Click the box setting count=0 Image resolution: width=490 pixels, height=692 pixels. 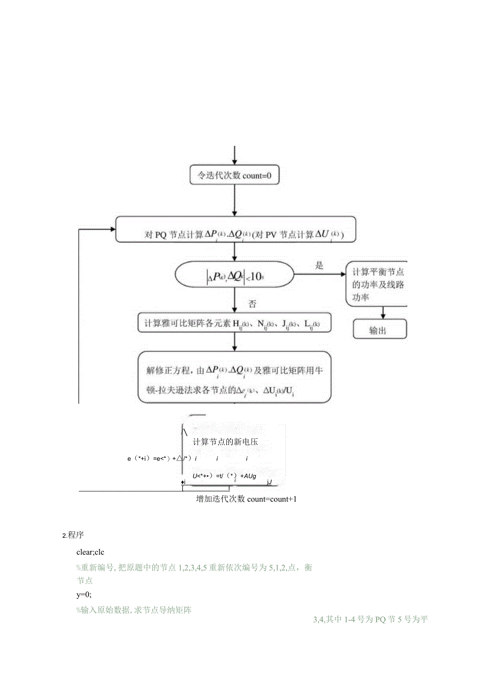(234, 174)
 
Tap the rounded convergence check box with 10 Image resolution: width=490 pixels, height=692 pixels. (234, 276)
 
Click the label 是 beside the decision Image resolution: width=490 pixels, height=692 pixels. (319, 265)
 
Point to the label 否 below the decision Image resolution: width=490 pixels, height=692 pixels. (254, 304)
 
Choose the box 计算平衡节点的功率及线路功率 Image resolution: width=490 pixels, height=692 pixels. (377, 285)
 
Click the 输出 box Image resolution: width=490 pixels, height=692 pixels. (379, 330)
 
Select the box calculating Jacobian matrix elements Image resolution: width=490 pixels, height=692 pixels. (234, 323)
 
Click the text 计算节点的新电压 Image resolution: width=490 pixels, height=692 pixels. (225, 443)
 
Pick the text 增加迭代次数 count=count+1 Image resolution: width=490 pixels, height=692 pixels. (246, 498)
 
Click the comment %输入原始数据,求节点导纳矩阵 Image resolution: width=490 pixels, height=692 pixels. (134, 610)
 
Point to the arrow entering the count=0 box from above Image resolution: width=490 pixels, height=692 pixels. (234, 154)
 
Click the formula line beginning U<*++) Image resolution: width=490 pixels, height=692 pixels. (224, 476)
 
